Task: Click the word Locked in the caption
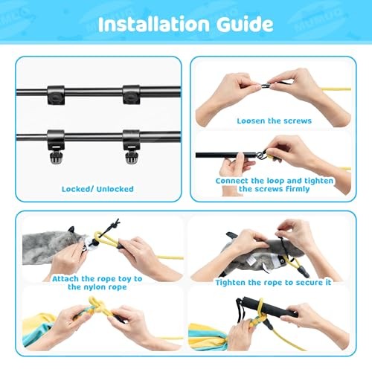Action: [x=77, y=189]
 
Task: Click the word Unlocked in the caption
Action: [x=114, y=189]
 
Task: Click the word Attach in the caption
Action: [x=53, y=278]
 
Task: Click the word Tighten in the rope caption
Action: [x=234, y=283]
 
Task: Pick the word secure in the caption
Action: [x=302, y=283]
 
